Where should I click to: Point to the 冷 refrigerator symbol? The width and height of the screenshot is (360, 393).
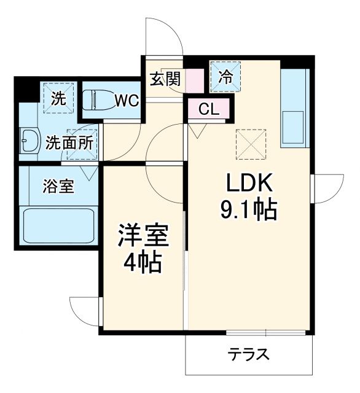(225, 76)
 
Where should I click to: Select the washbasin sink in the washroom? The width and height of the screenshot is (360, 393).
(28, 142)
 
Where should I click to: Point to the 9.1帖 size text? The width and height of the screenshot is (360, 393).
(249, 211)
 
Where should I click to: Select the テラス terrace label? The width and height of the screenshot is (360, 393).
(249, 354)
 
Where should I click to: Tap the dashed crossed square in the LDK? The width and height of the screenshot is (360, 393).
(250, 144)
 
